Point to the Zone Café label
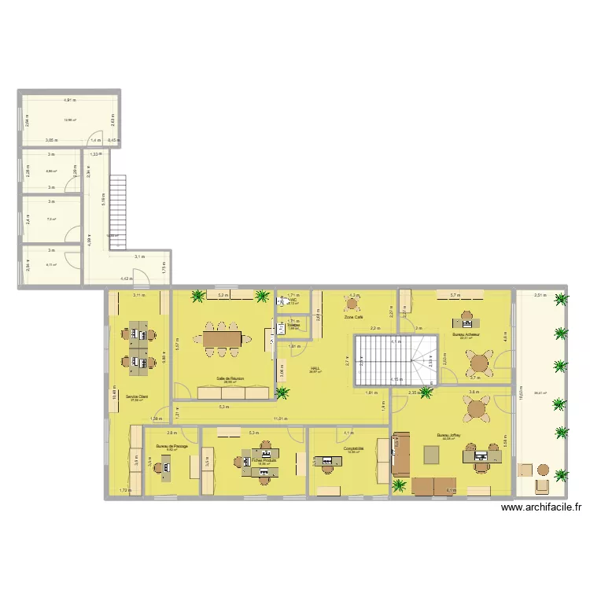pos(353,318)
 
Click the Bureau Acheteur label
pos(466,334)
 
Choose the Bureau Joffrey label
pos(451,435)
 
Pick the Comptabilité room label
pos(353,448)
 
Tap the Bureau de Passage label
pos(171,446)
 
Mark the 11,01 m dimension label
pos(279,419)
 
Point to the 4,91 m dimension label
pos(70,100)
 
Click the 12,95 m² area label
pos(69,120)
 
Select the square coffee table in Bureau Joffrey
pos(432,454)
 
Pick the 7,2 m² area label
pos(50,219)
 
